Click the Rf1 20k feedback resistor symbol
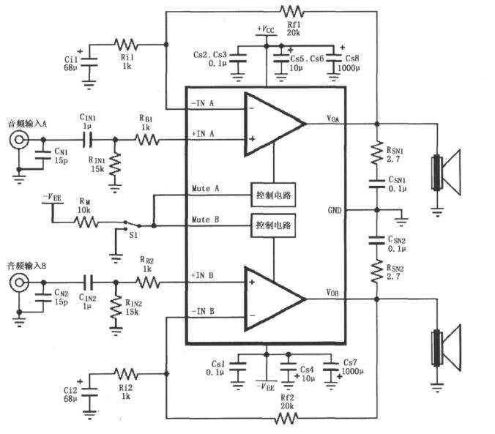coord(292,12)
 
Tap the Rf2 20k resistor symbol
coord(286,419)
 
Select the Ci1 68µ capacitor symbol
coord(89,62)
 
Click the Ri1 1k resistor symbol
coord(126,45)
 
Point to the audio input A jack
coord(19,140)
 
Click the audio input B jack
coord(19,283)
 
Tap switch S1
coord(133,225)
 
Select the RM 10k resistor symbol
coord(86,222)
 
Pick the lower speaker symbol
coord(446,347)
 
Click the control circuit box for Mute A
coord(273,195)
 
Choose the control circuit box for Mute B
coord(273,225)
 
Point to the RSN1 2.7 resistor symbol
coord(377,153)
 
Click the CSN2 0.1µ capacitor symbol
coord(377,240)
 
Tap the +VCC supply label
coord(266,29)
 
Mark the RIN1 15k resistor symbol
coord(115,164)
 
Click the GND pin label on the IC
coord(335,210)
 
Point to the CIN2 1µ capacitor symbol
coord(89,283)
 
